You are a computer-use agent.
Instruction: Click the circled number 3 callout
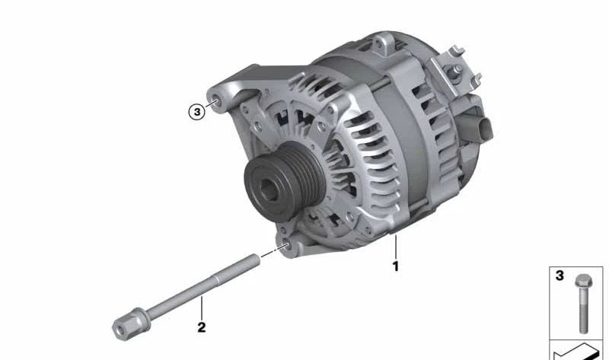[x=196, y=112]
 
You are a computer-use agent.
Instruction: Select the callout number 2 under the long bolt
[x=202, y=328]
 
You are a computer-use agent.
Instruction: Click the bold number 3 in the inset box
[x=560, y=276]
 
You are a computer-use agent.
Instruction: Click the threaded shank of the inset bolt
[x=583, y=312]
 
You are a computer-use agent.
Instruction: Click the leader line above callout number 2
[x=202, y=310]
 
